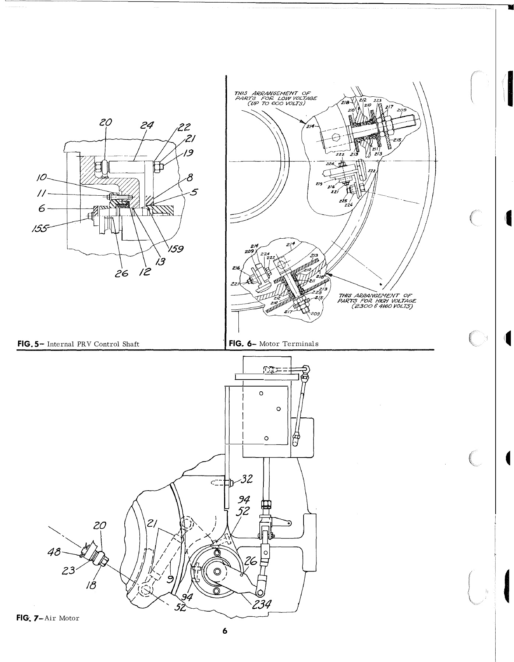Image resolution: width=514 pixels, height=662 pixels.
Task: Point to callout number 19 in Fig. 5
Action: pos(189,153)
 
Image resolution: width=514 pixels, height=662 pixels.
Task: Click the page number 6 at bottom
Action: pos(225,641)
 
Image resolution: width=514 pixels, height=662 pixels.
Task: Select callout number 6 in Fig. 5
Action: pos(42,209)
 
